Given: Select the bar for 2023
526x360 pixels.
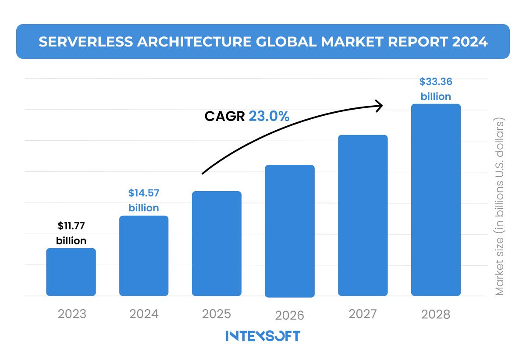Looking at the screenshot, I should click(71, 272).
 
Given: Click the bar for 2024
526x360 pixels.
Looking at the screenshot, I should click(144, 256).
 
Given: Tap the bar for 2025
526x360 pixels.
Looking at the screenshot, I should click(217, 243).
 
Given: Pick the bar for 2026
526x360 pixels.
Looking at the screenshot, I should click(290, 231).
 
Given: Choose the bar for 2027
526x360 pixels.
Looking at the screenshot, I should click(363, 215).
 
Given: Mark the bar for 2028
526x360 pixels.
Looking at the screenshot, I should click(436, 200).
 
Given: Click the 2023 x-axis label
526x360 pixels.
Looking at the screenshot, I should click(72, 314).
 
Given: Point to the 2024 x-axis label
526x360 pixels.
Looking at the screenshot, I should click(144, 314).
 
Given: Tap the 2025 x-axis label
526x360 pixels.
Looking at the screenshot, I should click(217, 314).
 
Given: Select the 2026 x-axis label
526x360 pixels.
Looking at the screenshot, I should click(289, 315).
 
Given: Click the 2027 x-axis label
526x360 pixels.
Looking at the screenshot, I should click(363, 314).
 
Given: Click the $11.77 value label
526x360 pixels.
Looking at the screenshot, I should click(71, 226).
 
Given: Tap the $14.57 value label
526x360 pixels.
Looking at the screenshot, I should click(144, 193).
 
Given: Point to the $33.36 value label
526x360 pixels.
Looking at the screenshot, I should click(436, 82).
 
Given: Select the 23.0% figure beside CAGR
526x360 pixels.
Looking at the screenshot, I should click(269, 116).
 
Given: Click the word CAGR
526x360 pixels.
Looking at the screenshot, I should click(224, 116).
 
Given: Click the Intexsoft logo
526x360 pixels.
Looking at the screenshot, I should click(263, 336).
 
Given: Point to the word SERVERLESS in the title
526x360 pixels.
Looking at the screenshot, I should click(83, 42).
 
